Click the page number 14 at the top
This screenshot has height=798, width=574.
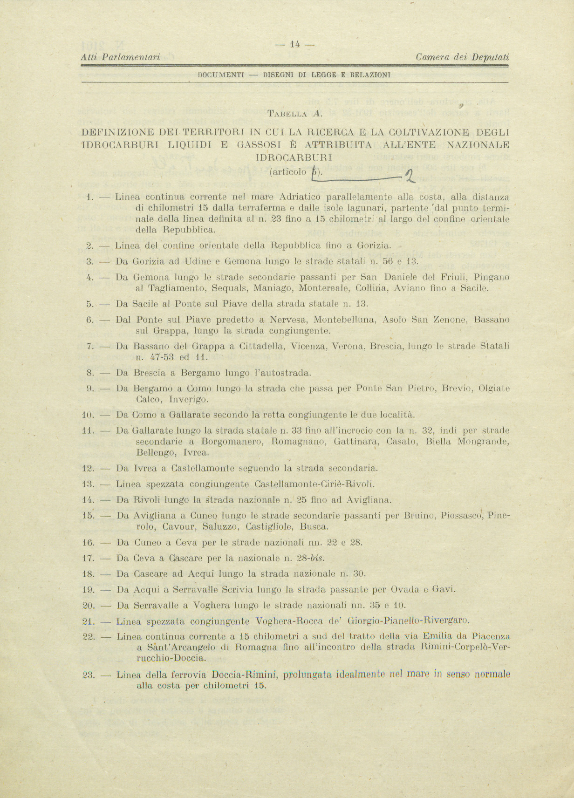point(294,45)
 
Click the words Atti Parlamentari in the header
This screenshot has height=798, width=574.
point(121,57)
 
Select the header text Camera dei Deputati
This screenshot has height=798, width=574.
point(462,57)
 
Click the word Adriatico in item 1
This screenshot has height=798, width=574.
point(301,197)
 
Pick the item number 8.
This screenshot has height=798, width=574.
point(90,373)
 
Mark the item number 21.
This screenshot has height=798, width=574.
point(89,621)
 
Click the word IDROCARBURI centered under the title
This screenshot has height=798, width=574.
point(295,157)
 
